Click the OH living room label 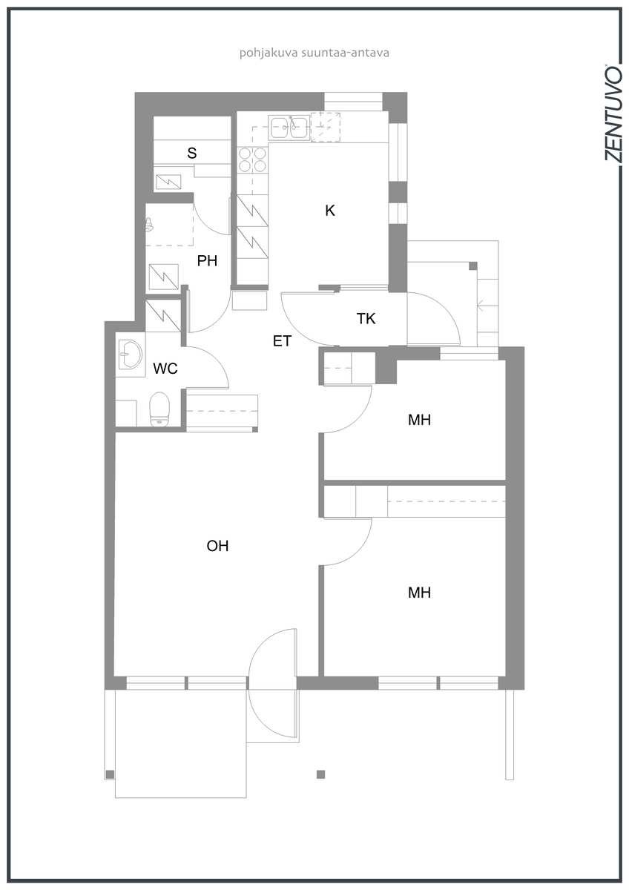pos(217,546)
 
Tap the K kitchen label pos(330,210)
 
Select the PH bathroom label pos(207,260)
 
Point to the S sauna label pos(192,153)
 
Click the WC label pos(165,369)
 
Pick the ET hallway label pos(282,341)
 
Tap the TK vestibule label pos(366,318)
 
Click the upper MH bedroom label pos(419,420)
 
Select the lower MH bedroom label pos(419,593)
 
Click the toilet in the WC pos(159,409)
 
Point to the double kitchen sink pos(289,128)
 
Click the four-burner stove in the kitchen pos(252,159)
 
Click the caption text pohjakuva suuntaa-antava pos(314,53)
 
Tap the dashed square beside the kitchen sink pos(326,127)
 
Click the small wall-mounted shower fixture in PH pos(149,225)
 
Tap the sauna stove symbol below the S pos(168,182)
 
